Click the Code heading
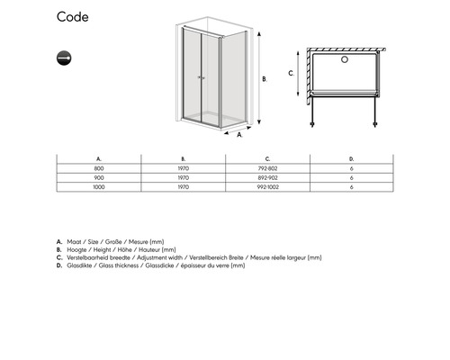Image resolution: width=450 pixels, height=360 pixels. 73,17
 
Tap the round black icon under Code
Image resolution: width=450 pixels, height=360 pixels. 64,58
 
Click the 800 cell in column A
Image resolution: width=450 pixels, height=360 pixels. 99,168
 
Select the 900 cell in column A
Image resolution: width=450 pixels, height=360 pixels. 99,178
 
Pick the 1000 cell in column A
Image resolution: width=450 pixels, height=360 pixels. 99,187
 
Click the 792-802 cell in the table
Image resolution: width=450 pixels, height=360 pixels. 267,168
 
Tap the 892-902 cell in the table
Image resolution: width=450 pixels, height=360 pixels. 267,178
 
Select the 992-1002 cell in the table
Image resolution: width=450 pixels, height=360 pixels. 267,187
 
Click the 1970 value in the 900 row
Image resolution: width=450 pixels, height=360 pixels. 183,178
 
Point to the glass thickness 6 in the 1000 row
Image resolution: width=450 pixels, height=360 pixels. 352,187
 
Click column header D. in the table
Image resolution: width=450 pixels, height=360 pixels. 352,159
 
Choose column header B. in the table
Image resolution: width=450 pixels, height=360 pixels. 184,159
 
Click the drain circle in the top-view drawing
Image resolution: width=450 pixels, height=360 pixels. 345,59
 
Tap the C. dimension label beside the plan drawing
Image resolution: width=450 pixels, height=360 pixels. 292,73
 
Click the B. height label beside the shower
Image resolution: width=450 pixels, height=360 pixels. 265,79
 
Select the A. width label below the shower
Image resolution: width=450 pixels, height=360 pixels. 239,135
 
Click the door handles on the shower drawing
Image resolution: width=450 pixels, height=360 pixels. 202,77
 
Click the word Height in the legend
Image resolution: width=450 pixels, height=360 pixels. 102,249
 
